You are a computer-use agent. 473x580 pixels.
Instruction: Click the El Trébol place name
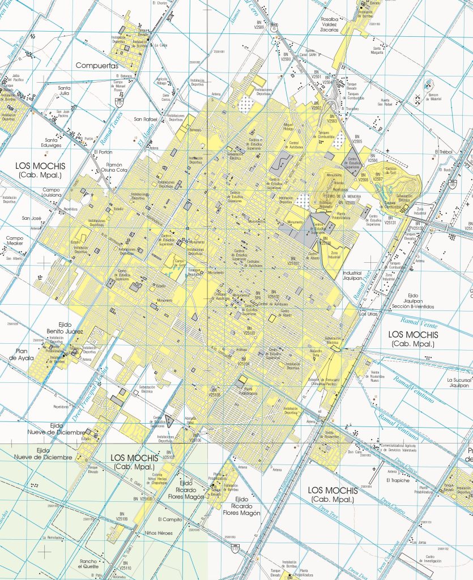click(x=445, y=151)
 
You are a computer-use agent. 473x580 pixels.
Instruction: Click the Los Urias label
click(x=368, y=313)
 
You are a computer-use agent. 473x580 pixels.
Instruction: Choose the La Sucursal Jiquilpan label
click(x=458, y=382)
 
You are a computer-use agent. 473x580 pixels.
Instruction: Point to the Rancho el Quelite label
click(x=91, y=564)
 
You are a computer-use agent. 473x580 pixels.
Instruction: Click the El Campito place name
click(x=169, y=519)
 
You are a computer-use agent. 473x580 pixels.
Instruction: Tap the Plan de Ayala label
click(x=23, y=354)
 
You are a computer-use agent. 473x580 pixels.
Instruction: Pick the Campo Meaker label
click(x=14, y=241)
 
